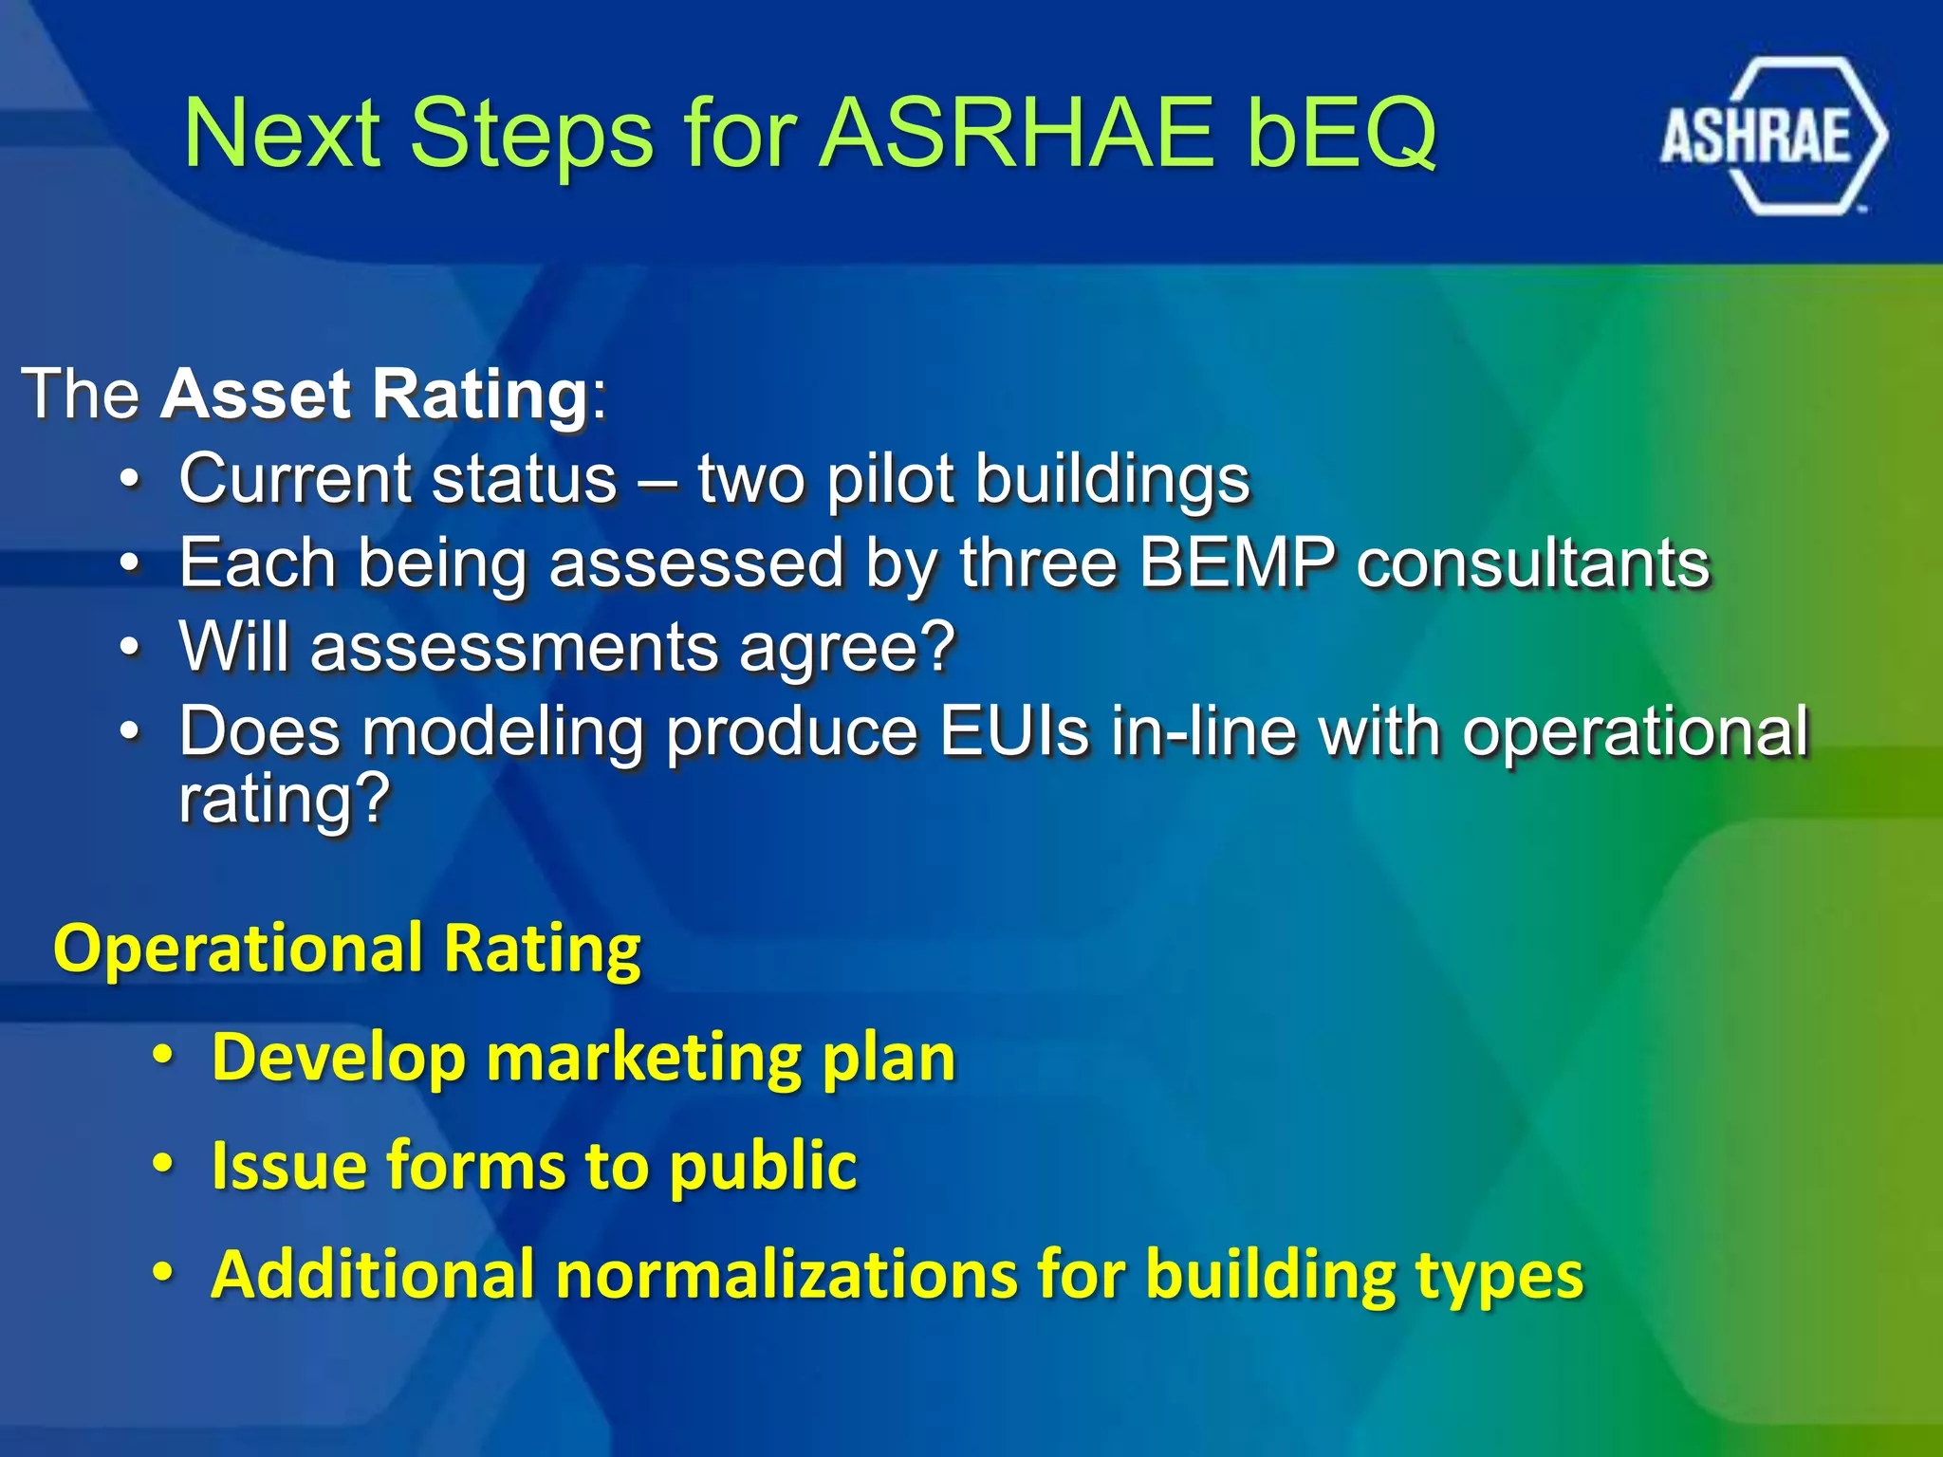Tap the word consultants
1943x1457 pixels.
[x=1532, y=563]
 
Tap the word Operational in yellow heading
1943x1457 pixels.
[x=237, y=948]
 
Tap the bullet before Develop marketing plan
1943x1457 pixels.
[x=163, y=1057]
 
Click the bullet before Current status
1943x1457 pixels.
[x=131, y=480]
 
